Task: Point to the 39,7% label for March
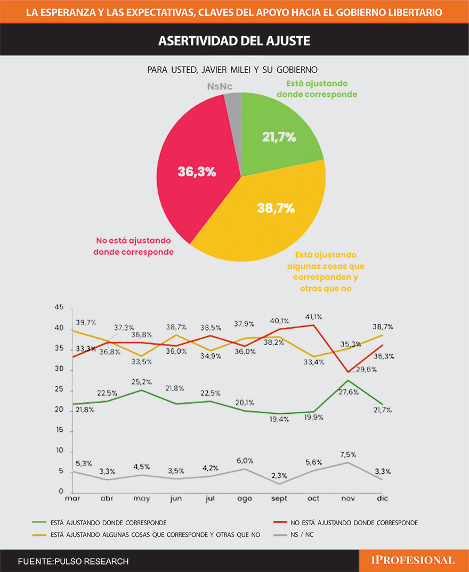coord(86,323)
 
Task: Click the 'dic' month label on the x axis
coord(382,499)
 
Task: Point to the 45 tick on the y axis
coord(59,308)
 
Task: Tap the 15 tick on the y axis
coord(59,431)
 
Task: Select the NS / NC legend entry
coord(301,534)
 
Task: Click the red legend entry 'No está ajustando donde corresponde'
coord(352,522)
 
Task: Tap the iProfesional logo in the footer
coord(413,560)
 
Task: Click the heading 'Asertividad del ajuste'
coord(234,41)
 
